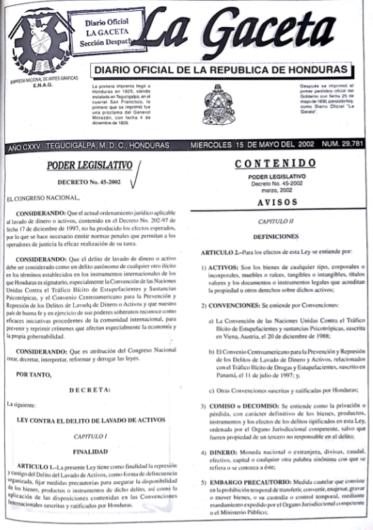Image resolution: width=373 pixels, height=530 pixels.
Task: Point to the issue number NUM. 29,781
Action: pos(343,145)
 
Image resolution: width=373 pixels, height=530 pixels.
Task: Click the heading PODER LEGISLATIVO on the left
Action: pos(90,167)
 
